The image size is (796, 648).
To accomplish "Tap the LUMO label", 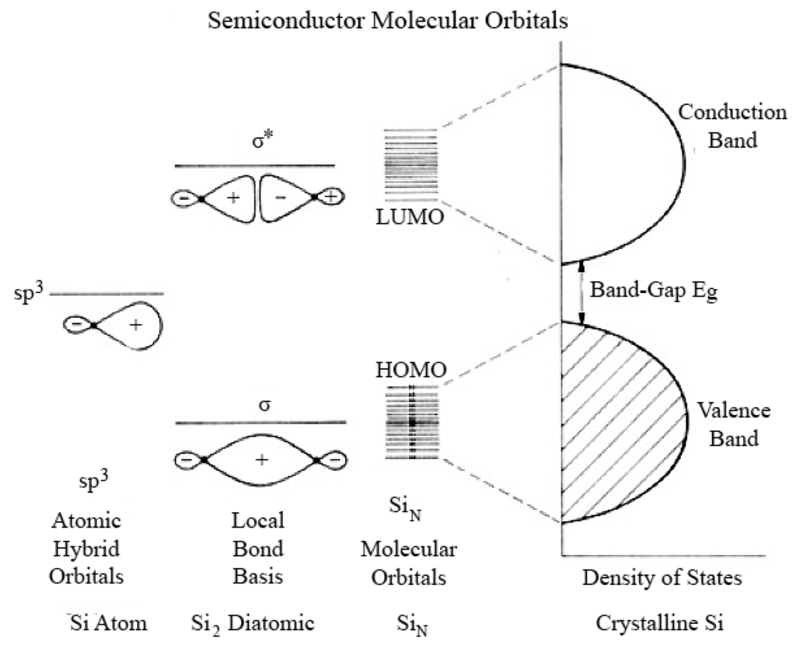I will pyautogui.click(x=409, y=218).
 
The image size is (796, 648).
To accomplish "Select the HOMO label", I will pyautogui.click(x=409, y=371).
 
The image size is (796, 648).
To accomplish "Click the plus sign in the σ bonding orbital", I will pyautogui.click(x=261, y=460).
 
